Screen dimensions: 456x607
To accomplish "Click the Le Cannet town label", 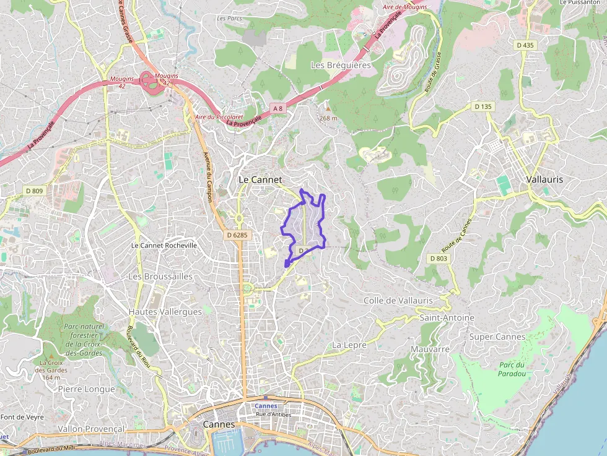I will [260, 179].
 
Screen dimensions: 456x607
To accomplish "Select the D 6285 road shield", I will [237, 235].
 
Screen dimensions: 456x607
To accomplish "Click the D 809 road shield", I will [34, 191].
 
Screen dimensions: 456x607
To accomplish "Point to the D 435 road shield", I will [525, 45].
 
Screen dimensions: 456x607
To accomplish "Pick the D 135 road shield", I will [483, 106].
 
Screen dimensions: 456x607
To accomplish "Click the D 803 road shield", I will [437, 258].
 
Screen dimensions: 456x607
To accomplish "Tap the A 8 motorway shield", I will [277, 108].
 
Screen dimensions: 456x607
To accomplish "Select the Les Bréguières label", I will [340, 65].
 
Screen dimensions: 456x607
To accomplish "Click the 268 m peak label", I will [328, 118].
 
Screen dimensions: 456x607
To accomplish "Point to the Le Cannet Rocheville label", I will [164, 245].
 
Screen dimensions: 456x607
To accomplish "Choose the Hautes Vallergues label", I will [165, 312].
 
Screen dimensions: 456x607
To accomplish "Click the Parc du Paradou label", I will [512, 369].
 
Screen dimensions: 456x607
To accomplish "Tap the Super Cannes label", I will [497, 337].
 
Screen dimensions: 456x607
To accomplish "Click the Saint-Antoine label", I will [447, 317].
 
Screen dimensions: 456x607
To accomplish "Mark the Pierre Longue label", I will [86, 389].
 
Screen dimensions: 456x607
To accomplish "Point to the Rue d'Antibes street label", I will [273, 413].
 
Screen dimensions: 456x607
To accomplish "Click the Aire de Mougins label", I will [405, 7].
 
